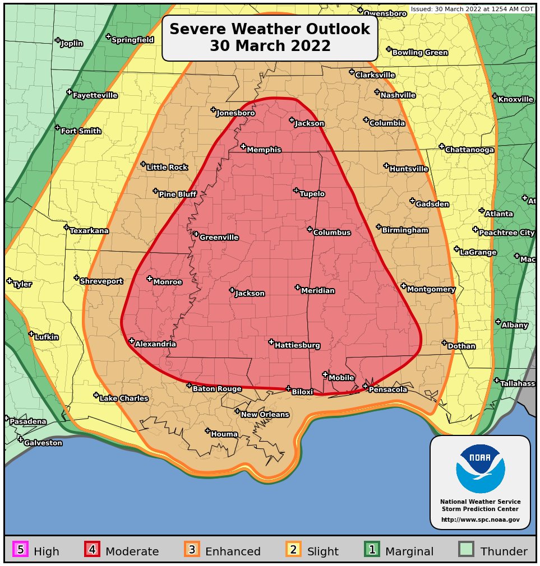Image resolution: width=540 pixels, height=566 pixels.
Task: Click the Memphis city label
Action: [264, 150]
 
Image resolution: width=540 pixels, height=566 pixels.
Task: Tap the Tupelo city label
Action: [312, 194]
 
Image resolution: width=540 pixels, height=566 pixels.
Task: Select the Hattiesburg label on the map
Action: [297, 346]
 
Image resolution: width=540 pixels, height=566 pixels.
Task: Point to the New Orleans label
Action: [265, 415]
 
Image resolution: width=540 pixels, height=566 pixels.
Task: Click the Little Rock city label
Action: [167, 168]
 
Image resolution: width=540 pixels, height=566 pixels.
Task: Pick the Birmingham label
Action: [405, 230]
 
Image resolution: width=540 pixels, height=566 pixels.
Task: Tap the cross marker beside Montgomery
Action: [404, 286]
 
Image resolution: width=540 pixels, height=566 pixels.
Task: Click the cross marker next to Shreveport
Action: [76, 277]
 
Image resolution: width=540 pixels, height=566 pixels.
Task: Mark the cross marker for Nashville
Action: [377, 92]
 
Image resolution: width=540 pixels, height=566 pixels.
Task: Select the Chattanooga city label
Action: [469, 150]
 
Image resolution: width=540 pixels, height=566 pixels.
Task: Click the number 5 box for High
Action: [20, 550]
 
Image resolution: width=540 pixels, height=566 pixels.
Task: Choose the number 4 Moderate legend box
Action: [92, 550]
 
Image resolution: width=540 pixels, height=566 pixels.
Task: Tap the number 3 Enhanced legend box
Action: [192, 550]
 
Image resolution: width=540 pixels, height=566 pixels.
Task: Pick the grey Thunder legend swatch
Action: [466, 550]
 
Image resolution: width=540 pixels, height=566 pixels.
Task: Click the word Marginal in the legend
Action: [409, 552]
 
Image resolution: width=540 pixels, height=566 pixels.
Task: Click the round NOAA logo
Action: [480, 469]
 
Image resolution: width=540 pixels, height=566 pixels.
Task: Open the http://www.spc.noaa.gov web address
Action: [480, 520]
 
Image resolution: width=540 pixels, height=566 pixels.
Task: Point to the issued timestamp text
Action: [472, 9]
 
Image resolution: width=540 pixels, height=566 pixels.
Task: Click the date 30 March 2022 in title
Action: [270, 46]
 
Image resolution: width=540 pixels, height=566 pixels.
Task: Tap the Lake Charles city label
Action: [124, 399]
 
